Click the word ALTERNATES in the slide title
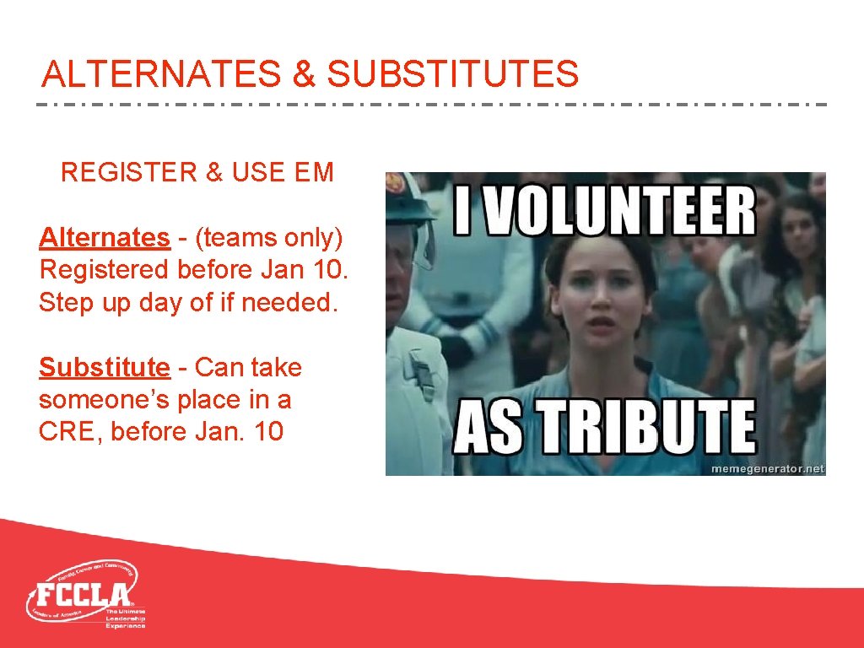160,74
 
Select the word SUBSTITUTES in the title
453,74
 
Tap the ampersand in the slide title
303,74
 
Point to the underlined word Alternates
104,238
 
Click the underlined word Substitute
104,368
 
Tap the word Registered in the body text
105,270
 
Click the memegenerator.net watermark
767,468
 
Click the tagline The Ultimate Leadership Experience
125,618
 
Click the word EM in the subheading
314,173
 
